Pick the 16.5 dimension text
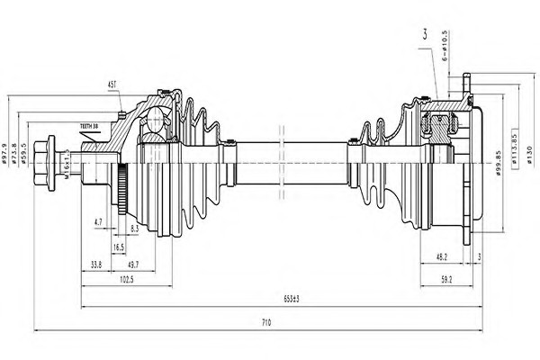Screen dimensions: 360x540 pos(118,246)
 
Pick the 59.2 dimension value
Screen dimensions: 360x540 pos(446,279)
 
